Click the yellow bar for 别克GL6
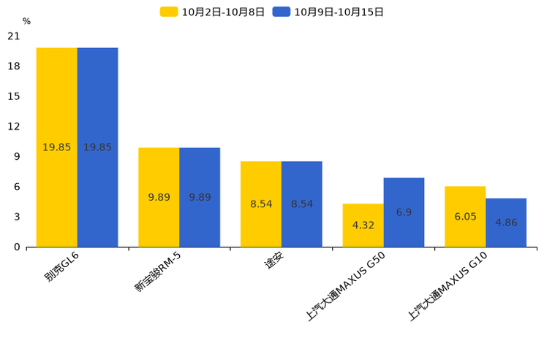pos(56,147)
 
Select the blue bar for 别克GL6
pos(97,147)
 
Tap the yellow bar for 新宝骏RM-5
pos(159,197)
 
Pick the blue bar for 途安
pos(302,204)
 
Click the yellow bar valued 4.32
pos(363,225)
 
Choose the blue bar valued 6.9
pos(404,212)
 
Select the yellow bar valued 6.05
pos(465,216)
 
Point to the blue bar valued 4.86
pos(506,222)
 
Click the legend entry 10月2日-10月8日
pos(212,12)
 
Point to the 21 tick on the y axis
pos(13,36)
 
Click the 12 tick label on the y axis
pos(13,126)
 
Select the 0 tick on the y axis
pos(17,247)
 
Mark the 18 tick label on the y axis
pos(13,66)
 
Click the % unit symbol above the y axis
pos(26,21)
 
